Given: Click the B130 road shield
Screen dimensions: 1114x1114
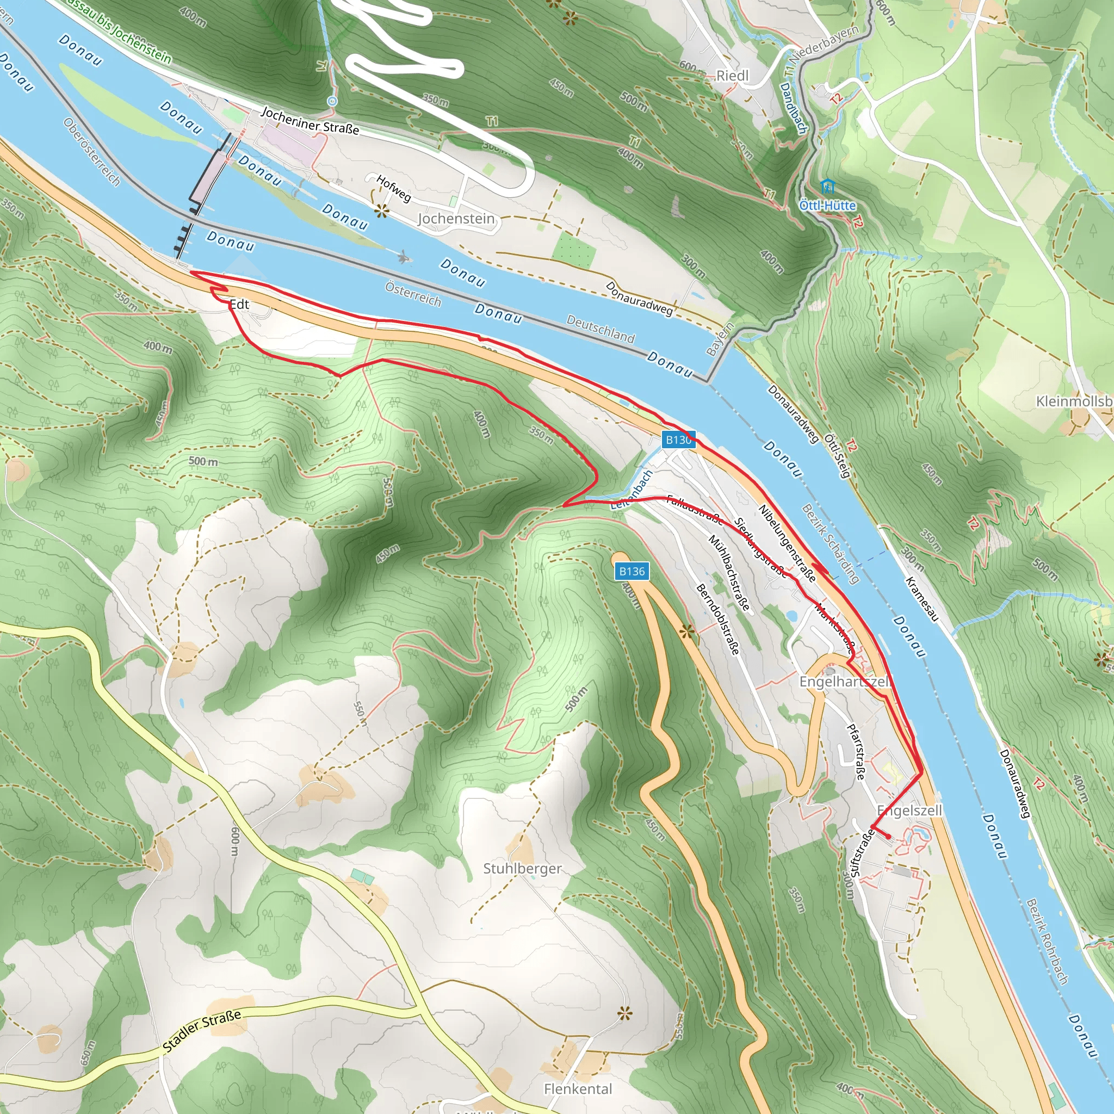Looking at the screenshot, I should [678, 440].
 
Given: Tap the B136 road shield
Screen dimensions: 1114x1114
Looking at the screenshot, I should [632, 572].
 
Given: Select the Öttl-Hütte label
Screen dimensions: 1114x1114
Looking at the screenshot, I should [827, 205].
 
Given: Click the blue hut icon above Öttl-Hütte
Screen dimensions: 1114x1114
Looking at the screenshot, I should [827, 187].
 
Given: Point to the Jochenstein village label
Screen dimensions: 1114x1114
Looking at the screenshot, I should [456, 219].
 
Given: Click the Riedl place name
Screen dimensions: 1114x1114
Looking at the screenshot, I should [732, 76].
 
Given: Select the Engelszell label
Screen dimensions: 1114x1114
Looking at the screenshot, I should [909, 810].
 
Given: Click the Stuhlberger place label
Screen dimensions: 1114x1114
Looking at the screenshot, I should [522, 868].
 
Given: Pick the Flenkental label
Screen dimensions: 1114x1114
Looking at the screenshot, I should [578, 1088].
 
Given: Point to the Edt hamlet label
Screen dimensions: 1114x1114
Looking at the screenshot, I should [239, 304].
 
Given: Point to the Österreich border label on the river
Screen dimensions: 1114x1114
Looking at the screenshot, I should [413, 294].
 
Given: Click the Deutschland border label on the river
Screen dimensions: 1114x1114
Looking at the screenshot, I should [601, 329].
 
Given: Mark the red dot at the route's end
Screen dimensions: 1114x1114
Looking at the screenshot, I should [888, 836].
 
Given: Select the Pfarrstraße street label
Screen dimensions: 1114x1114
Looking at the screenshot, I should [856, 751].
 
